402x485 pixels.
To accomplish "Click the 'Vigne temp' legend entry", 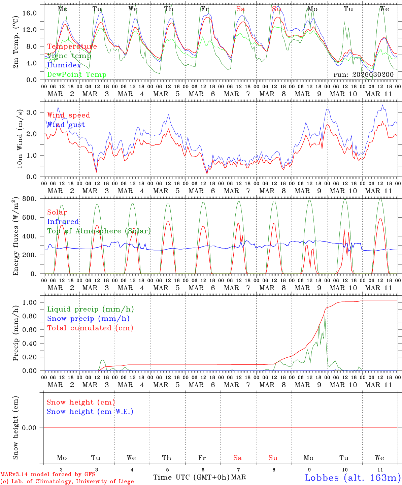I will [x=69, y=56].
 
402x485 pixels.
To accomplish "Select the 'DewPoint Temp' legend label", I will [x=77, y=75].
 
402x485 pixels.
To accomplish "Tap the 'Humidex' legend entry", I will [x=64, y=65].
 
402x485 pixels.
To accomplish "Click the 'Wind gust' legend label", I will [x=66, y=125].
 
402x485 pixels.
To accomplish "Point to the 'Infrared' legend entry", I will [x=63, y=222].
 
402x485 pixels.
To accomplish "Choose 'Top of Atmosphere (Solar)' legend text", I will [x=99, y=231].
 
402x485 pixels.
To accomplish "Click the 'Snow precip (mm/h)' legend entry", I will [x=89, y=319].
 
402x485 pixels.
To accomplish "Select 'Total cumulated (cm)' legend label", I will [x=90, y=328].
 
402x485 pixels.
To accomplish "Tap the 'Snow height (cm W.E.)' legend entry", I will [x=90, y=412].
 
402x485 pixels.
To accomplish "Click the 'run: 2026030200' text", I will [x=363, y=74].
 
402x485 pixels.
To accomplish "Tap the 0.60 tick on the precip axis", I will [x=33, y=330].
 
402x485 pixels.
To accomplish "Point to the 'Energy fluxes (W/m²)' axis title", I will [x=15, y=237].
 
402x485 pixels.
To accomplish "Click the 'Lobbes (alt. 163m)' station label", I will [x=353, y=477].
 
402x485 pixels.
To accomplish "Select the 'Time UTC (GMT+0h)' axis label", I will [x=191, y=477].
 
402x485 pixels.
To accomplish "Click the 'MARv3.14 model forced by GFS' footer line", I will [x=48, y=474].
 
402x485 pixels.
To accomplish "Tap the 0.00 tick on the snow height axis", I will [x=33, y=428].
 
